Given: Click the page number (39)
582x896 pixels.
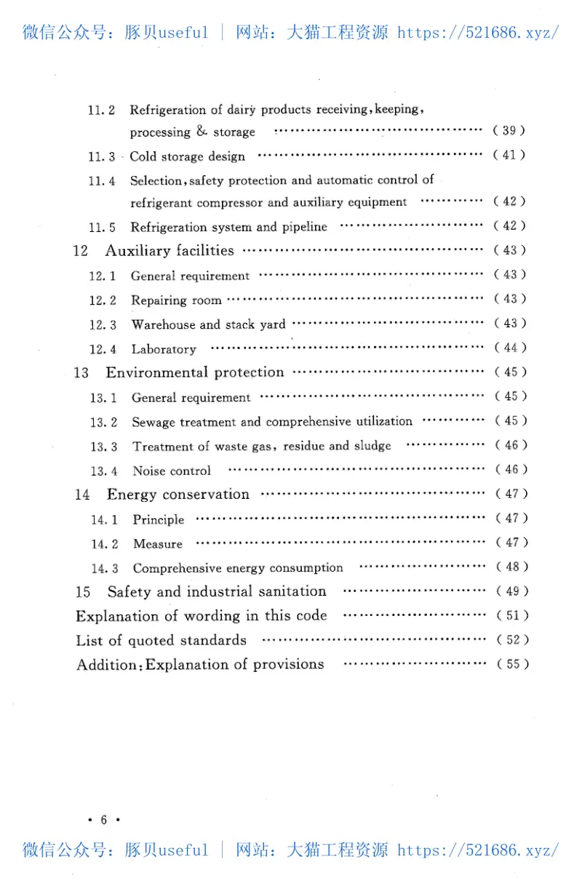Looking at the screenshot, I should [509, 131].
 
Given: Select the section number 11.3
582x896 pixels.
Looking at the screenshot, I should [102, 157].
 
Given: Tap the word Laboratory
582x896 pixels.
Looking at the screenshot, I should [164, 349].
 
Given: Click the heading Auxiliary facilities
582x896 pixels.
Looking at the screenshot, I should [170, 251].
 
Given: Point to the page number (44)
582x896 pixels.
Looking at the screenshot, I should [510, 348].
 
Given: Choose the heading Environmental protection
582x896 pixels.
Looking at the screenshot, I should [195, 372].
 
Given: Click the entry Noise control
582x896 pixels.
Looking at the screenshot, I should [172, 471].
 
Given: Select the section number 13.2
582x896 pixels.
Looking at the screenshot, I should [103, 422].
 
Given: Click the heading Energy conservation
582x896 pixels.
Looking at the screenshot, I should [178, 495].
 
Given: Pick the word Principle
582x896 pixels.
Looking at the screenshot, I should [159, 519].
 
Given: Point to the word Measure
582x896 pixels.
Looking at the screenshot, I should [158, 544].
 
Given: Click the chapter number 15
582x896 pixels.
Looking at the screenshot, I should [83, 592].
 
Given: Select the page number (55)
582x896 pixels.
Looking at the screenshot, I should [512, 664].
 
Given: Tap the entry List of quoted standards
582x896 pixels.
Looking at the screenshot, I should [162, 641].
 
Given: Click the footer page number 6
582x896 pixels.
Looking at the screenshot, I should [103, 820].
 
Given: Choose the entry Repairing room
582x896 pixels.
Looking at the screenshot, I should [176, 300].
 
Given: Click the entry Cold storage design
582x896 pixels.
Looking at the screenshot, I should [188, 157].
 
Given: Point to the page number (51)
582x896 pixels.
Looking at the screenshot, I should [512, 615].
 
